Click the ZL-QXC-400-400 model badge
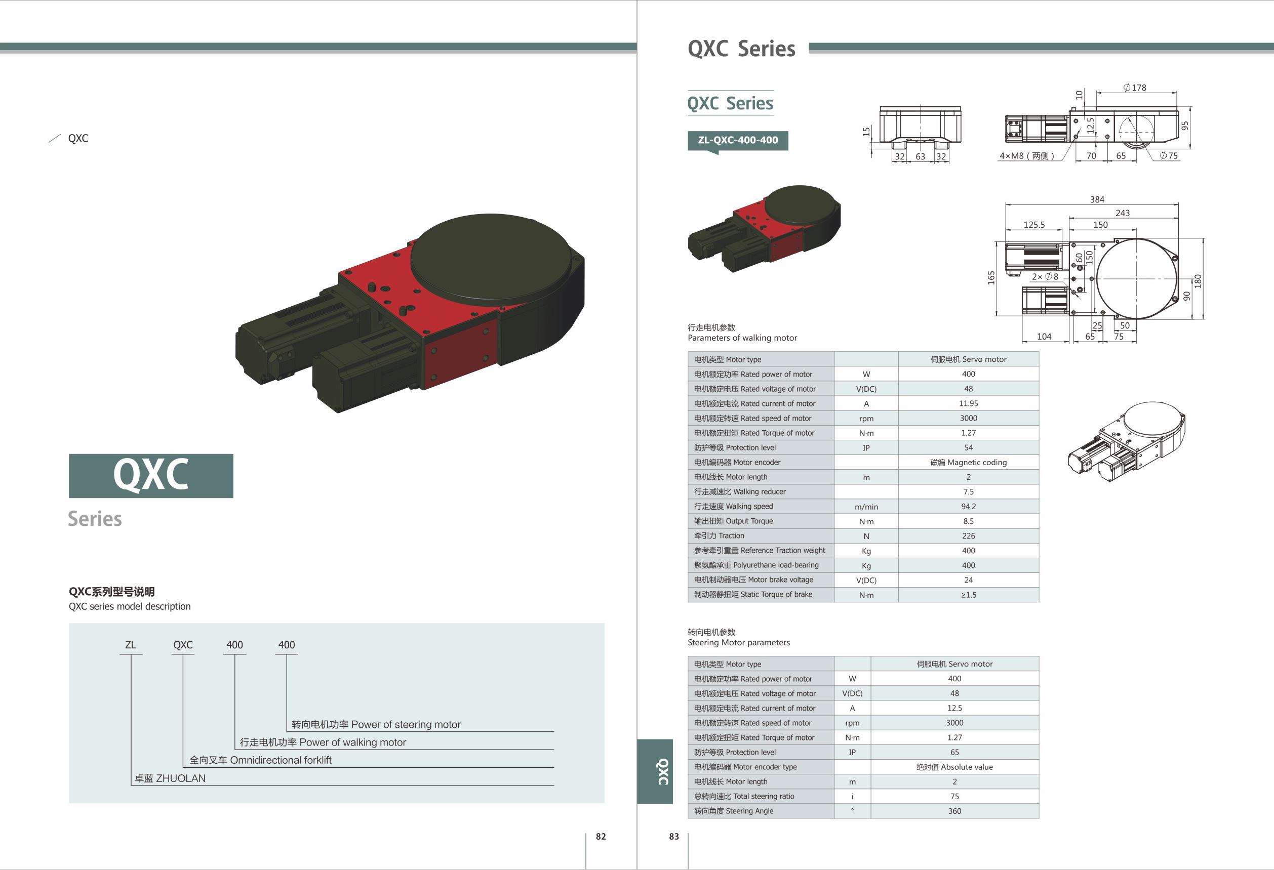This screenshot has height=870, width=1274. [737, 140]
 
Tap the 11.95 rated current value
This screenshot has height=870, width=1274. [968, 403]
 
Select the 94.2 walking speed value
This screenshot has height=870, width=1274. [968, 506]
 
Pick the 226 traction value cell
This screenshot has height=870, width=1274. [968, 536]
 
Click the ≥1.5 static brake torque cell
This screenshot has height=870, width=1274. [968, 595]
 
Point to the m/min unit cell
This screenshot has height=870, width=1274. [866, 507]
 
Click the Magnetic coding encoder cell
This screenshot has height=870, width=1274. [968, 463]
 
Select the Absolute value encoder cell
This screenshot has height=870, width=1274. [954, 767]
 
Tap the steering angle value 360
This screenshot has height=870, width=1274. [954, 811]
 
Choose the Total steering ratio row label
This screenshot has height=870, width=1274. [744, 796]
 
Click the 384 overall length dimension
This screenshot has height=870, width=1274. [1097, 199]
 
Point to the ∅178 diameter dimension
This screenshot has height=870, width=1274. [1134, 88]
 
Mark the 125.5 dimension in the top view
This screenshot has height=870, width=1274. [1034, 225]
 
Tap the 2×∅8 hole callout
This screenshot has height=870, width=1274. [1045, 277]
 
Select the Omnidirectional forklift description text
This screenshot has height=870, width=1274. [260, 760]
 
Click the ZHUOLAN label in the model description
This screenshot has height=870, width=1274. [170, 778]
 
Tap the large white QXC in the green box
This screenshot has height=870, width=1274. [151, 475]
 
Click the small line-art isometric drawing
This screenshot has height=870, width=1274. [1126, 441]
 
